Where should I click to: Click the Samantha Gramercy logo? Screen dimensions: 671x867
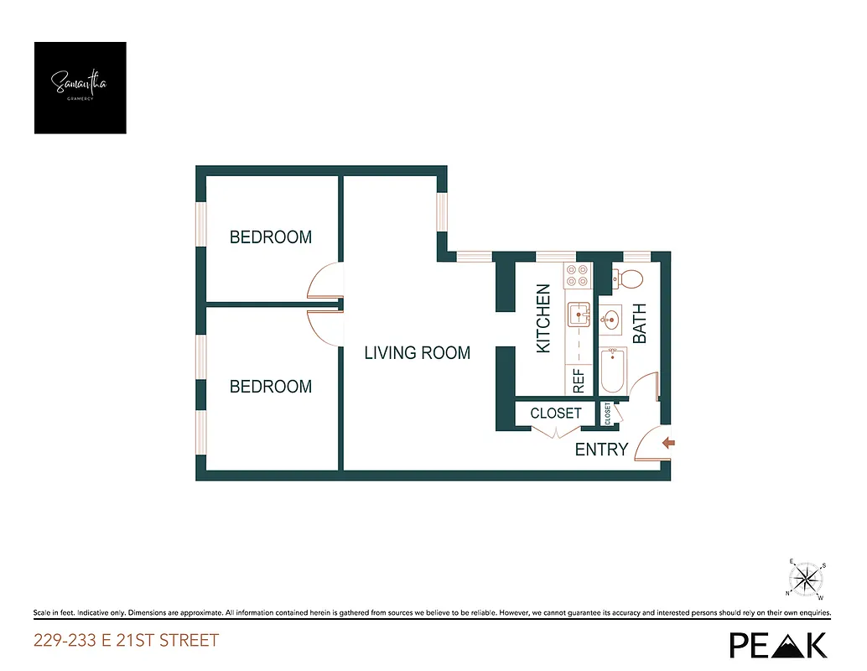pyautogui.click(x=80, y=87)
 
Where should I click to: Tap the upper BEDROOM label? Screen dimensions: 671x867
pyautogui.click(x=271, y=237)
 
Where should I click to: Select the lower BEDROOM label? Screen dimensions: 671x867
pyautogui.click(x=271, y=387)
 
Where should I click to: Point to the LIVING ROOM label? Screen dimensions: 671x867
pyautogui.click(x=417, y=353)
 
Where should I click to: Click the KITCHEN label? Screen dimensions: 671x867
pyautogui.click(x=543, y=319)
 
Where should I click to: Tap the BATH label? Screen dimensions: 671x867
pyautogui.click(x=640, y=324)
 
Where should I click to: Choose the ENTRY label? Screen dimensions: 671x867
pyautogui.click(x=601, y=450)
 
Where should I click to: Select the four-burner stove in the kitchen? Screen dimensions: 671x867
pyautogui.click(x=579, y=277)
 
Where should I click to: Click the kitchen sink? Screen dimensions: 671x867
pyautogui.click(x=579, y=315)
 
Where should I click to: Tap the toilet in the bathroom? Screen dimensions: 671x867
pyautogui.click(x=628, y=278)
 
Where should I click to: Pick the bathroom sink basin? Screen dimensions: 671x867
pyautogui.click(x=610, y=319)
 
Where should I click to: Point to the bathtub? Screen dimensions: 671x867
pyautogui.click(x=612, y=371)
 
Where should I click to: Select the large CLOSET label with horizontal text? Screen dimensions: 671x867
pyautogui.click(x=556, y=414)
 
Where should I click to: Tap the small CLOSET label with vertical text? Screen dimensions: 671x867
pyautogui.click(x=607, y=414)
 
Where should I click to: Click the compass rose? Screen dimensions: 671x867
pyautogui.click(x=807, y=578)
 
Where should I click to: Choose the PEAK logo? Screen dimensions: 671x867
pyautogui.click(x=778, y=643)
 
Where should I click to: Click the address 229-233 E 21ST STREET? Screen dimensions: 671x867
pyautogui.click(x=126, y=641)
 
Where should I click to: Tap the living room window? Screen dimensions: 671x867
pyautogui.click(x=439, y=213)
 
